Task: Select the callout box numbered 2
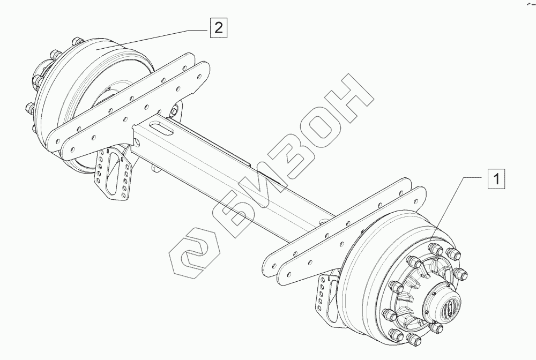click(217, 27)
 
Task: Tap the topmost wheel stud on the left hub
click(72, 41)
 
